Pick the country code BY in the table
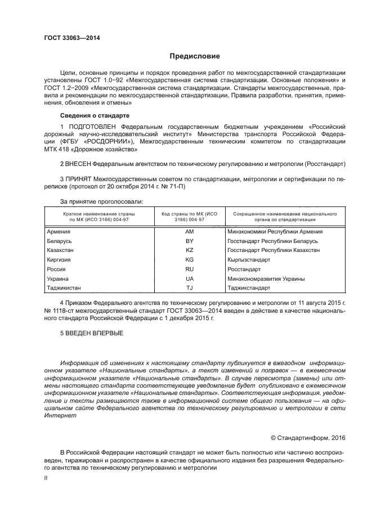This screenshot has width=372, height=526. coord(189,241)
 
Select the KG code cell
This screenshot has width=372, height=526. coord(189,260)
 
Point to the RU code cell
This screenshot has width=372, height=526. coord(189,269)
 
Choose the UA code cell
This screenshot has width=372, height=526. coord(189,278)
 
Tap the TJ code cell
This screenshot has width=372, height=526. coord(189,288)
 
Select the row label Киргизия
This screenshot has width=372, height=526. coord(60,260)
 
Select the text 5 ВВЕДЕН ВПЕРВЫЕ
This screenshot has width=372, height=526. coord(92,333)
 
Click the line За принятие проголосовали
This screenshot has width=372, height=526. coord(101,201)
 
